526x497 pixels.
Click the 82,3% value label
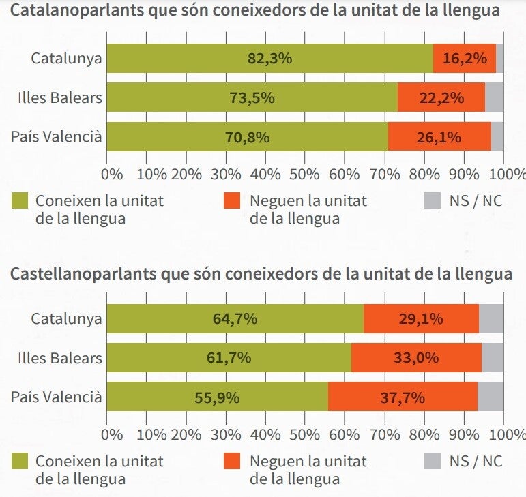[269, 58]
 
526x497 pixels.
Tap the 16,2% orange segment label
[464, 58]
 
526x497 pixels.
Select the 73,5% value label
[252, 97]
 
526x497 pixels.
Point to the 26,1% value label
[439, 137]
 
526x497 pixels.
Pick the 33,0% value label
[415, 358]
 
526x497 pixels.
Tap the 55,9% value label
[217, 397]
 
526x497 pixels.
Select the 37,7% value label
[403, 397]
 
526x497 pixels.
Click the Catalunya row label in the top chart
[66, 58]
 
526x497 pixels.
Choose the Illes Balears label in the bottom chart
[60, 358]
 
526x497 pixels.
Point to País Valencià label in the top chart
[56, 137]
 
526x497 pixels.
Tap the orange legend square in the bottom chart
[233, 462]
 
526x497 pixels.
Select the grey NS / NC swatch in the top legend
[434, 201]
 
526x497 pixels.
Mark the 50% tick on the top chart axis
[306, 173]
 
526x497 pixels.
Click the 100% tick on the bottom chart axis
[503, 434]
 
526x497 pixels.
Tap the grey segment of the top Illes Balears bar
[494, 97]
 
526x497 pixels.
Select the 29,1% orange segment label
[421, 318]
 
